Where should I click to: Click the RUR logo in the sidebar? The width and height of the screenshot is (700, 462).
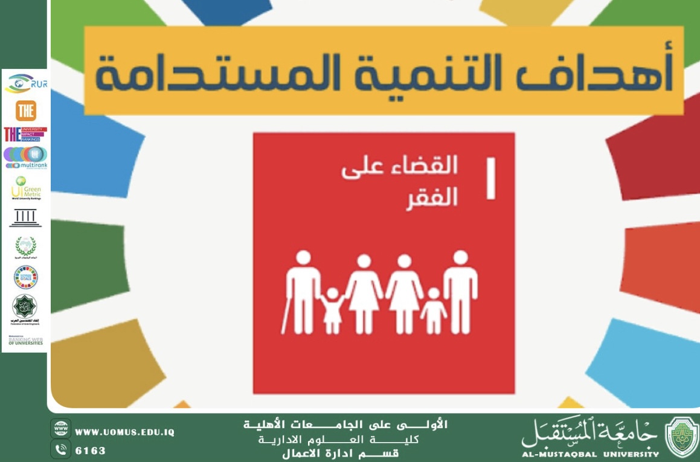pos(25,83)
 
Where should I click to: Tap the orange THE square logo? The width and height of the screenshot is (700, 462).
pos(25,111)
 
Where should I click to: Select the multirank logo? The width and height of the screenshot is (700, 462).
pos(25,157)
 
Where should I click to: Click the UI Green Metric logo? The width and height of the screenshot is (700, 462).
pos(25,188)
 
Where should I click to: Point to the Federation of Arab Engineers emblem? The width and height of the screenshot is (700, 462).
pos(25,308)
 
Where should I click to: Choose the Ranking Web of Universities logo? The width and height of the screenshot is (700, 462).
pos(25,341)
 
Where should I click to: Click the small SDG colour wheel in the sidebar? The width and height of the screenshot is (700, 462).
pos(25,277)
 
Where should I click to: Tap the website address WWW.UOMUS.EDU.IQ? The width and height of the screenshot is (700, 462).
pos(124,432)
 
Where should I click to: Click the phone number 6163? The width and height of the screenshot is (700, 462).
pos(90,451)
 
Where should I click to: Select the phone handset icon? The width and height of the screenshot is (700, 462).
pos(60,450)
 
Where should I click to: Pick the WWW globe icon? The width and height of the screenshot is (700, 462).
pos(60,429)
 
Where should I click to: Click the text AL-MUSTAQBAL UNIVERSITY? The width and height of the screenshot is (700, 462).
pos(590,454)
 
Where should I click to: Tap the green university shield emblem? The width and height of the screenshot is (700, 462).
pos(681,437)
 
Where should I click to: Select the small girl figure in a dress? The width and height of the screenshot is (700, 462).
pos(332,311)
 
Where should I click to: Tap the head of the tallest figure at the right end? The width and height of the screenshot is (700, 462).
pos(460,258)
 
